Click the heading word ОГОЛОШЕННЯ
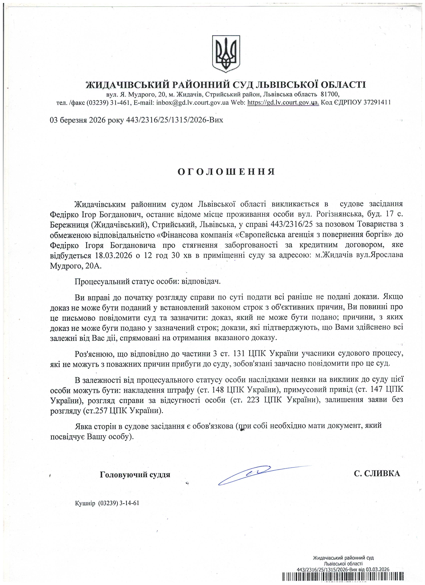point(226,172)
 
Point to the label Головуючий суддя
point(135,475)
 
